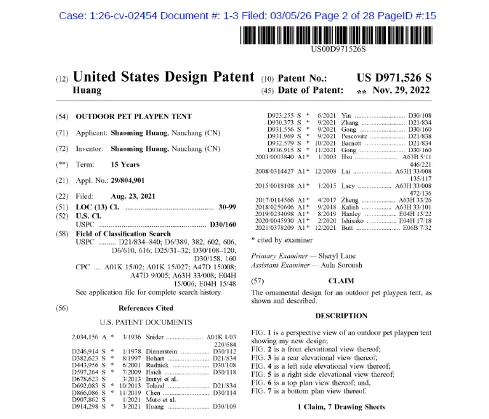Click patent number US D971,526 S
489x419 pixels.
[394, 78]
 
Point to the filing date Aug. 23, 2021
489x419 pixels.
[132, 195]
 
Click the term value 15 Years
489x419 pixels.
[125, 164]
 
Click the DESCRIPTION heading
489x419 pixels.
[341, 315]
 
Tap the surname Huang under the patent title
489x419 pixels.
[87, 91]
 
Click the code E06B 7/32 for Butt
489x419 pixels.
[418, 227]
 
